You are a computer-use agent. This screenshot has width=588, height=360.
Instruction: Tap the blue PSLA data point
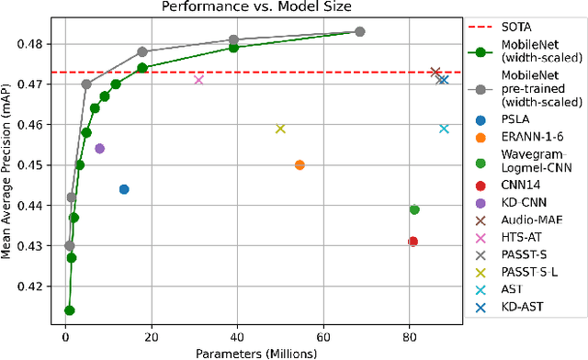pyautogui.click(x=124, y=189)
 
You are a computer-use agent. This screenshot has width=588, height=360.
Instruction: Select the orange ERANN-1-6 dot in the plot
pyautogui.click(x=300, y=165)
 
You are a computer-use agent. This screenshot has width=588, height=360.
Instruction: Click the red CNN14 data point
pyautogui.click(x=413, y=242)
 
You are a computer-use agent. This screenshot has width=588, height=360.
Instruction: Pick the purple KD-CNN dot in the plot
pyautogui.click(x=99, y=149)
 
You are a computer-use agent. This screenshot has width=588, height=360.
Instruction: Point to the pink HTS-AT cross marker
pyautogui.click(x=198, y=80)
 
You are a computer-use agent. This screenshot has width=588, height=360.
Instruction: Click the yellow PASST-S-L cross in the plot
pyautogui.click(x=280, y=129)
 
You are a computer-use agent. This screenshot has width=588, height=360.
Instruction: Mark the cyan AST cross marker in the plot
pyautogui.click(x=444, y=129)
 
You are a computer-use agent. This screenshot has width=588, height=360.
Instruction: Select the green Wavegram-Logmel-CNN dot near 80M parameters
pyautogui.click(x=414, y=209)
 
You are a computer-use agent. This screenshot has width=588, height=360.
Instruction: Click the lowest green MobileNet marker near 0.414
pyautogui.click(x=69, y=310)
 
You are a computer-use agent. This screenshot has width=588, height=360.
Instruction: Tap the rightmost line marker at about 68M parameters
pyautogui.click(x=360, y=31)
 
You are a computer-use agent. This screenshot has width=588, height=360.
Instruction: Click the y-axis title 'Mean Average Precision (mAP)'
pyautogui.click(x=8, y=169)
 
